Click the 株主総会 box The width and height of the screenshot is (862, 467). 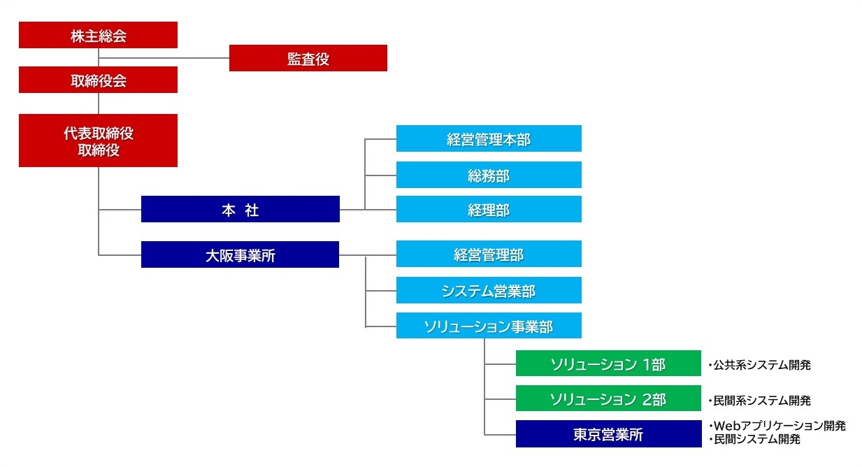(x=98, y=35)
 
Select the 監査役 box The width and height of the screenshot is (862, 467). (x=308, y=58)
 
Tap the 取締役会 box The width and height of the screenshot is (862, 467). (x=98, y=80)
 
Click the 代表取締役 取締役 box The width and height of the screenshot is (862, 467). (x=98, y=141)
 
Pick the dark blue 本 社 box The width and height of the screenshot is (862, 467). (x=240, y=209)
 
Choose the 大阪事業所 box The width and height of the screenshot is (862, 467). (x=240, y=254)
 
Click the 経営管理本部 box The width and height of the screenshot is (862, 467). (x=489, y=138)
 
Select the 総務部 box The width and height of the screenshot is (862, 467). (x=489, y=175)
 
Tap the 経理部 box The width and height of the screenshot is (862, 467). (x=489, y=209)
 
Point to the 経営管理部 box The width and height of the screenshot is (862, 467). (x=489, y=254)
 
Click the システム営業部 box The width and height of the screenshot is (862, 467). (x=489, y=290)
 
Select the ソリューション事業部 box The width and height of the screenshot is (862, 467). (x=489, y=326)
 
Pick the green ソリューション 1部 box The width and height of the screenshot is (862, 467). (x=608, y=363)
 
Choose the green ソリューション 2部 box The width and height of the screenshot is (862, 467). (x=608, y=398)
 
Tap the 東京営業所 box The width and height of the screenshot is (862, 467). (x=609, y=434)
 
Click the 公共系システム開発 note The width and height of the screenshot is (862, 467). (x=760, y=365)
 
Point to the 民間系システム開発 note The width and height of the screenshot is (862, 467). (x=760, y=401)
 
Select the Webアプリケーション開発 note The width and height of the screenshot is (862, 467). (x=777, y=426)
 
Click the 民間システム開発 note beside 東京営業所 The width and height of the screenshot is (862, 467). (x=754, y=439)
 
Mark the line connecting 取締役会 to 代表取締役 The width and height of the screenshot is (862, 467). (x=99, y=103)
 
